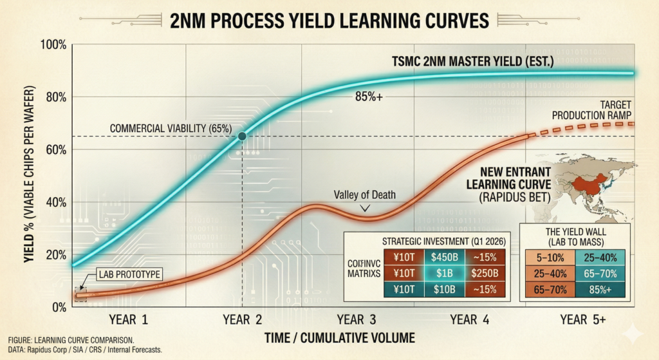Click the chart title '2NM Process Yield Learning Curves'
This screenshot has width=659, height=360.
(x=329, y=21)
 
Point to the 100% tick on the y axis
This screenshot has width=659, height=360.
(x=53, y=45)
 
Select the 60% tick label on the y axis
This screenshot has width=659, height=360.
(x=55, y=150)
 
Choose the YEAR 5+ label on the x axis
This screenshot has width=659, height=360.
(x=582, y=319)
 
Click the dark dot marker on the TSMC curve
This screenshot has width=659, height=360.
(x=242, y=136)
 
